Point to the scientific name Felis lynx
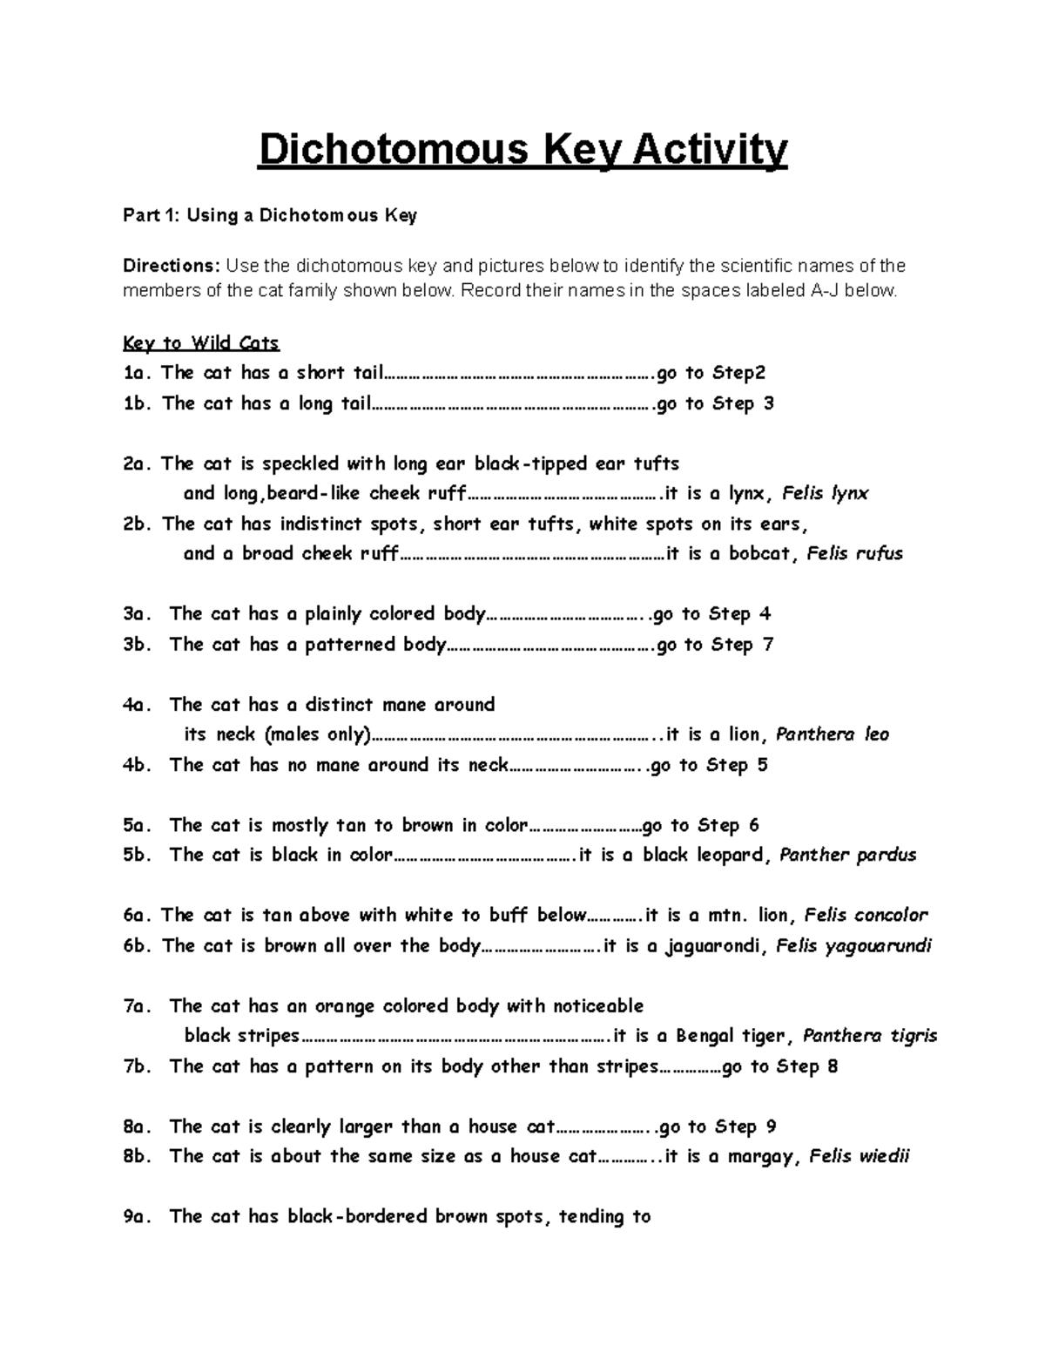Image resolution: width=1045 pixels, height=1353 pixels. pos(825,493)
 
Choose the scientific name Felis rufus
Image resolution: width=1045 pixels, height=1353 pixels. pos(854,553)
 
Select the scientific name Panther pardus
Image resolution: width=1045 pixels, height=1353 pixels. pos(847,855)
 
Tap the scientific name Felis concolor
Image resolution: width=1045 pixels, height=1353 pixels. pos(866,915)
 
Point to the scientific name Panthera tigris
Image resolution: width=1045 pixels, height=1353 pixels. pos(869,1036)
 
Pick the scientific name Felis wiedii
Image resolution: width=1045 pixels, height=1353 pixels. pos(859,1156)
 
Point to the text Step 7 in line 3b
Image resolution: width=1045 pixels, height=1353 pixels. pos(742,645)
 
